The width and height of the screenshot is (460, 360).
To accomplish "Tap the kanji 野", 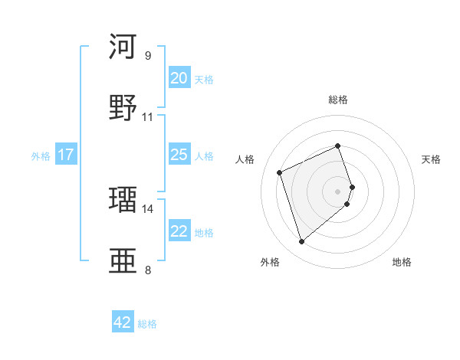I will click(123, 107).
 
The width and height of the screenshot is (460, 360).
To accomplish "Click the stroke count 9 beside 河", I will click(147, 55).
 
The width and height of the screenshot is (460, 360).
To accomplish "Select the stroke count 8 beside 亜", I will click(147, 270).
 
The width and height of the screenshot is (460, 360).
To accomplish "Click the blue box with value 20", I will click(179, 77).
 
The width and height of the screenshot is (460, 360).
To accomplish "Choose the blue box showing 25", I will click(179, 155).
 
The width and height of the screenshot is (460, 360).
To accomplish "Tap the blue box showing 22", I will click(179, 231).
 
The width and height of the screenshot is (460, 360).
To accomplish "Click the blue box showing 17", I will click(66, 155).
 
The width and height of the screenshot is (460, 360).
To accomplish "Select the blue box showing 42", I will click(123, 322).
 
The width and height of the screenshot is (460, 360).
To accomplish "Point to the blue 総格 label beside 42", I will click(147, 324).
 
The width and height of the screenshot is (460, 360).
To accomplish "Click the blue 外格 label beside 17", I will click(41, 156).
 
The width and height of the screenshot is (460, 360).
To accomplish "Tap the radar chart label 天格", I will click(432, 159).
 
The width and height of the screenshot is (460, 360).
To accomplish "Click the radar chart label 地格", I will click(402, 262).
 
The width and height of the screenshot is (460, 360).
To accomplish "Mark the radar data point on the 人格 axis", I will click(281, 172).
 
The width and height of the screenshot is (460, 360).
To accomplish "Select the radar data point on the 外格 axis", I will click(301, 242).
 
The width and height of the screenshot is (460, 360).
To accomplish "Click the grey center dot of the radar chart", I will click(338, 190).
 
